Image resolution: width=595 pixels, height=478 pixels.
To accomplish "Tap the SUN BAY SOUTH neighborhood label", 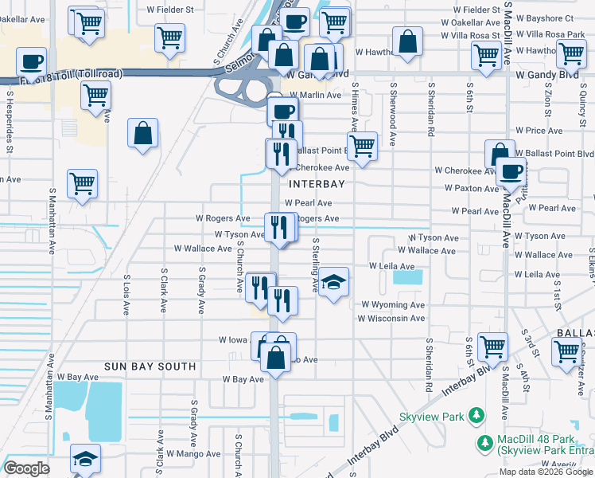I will pyautogui.click(x=150, y=366).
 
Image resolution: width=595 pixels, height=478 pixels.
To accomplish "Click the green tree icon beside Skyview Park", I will pyautogui.click(x=476, y=415).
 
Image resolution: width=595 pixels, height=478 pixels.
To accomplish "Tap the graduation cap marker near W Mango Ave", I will pyautogui.click(x=86, y=460).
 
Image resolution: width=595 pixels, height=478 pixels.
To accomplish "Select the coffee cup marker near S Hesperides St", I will pyautogui.click(x=32, y=61).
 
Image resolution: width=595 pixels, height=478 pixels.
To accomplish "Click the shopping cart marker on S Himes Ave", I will pyautogui.click(x=363, y=147).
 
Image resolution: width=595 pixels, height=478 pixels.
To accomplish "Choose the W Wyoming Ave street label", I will pyautogui.click(x=393, y=304).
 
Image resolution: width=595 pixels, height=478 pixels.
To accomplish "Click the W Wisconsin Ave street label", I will pyautogui.click(x=391, y=318).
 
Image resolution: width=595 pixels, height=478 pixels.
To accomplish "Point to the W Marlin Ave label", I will pyautogui.click(x=315, y=95).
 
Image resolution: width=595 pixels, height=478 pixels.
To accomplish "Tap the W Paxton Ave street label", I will pyautogui.click(x=472, y=188).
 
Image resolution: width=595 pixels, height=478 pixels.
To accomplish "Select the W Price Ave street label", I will pyautogui.click(x=539, y=130).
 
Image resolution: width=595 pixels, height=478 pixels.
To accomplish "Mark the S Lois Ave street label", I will pyautogui.click(x=126, y=295).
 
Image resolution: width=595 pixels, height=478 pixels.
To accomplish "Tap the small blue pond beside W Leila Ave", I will pyautogui.click(x=408, y=277).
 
